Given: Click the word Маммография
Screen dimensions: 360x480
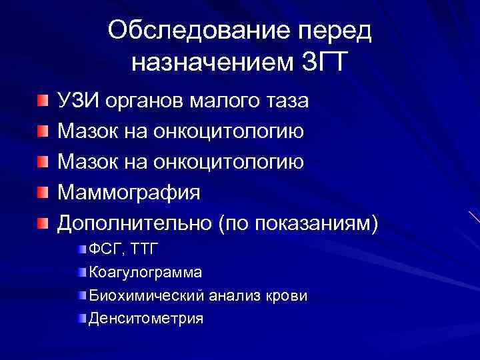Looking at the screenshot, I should click(129, 193).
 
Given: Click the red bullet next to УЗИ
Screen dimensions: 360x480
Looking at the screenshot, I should click(43, 101).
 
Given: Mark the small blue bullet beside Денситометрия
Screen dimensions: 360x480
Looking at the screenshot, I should click(82, 317).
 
